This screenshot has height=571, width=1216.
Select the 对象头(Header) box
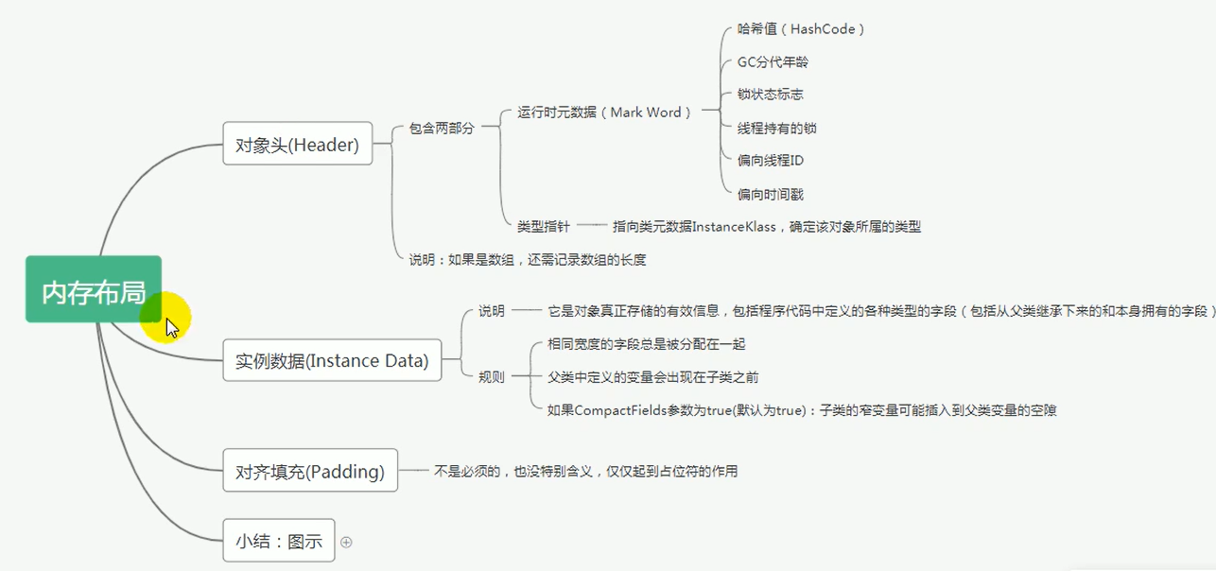click(x=297, y=145)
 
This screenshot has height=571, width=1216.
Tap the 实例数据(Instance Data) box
click(x=332, y=360)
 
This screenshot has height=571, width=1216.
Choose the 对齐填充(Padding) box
click(x=310, y=471)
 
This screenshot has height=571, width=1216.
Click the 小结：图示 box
click(x=278, y=541)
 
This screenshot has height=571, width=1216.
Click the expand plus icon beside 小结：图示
click(x=346, y=542)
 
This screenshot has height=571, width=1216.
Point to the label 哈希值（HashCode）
click(x=801, y=29)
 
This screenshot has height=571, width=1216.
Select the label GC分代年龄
click(x=773, y=62)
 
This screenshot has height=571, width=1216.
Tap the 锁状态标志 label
click(x=771, y=95)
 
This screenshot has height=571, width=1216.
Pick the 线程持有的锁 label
click(x=776, y=128)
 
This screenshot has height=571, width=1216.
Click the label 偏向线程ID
click(x=771, y=161)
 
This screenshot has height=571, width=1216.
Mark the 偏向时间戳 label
click(x=771, y=194)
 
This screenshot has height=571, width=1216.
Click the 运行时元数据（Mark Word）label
click(x=605, y=112)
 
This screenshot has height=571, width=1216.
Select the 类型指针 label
click(x=543, y=226)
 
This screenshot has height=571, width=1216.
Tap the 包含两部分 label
click(x=442, y=128)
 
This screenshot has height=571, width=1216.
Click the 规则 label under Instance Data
click(x=491, y=377)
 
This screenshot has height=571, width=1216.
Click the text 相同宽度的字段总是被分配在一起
click(x=647, y=344)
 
